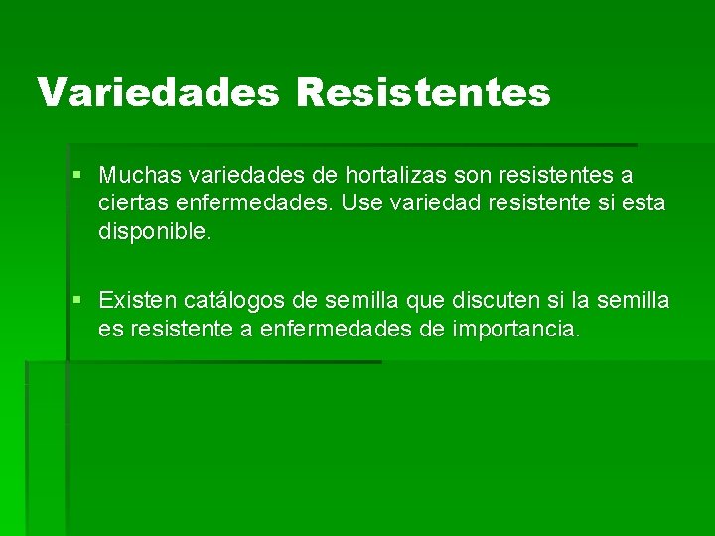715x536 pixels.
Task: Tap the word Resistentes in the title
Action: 422,92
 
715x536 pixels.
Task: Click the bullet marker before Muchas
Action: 78,176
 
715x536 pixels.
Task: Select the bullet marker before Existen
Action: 78,300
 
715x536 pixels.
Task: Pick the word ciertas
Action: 129,203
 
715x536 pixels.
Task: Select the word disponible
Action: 155,231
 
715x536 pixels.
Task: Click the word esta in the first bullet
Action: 646,203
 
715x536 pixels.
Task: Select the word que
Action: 426,300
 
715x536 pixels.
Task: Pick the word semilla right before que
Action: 361,300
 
